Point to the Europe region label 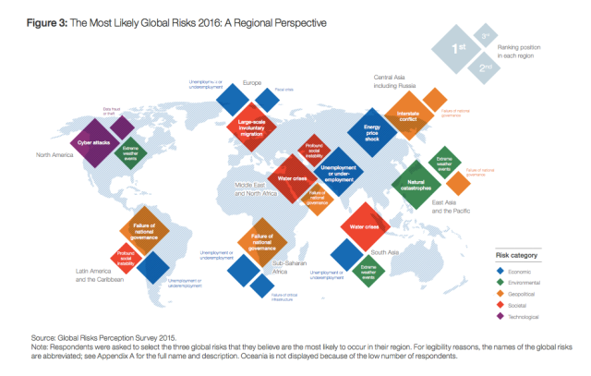pos(252,84)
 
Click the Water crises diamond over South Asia pos(361,226)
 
